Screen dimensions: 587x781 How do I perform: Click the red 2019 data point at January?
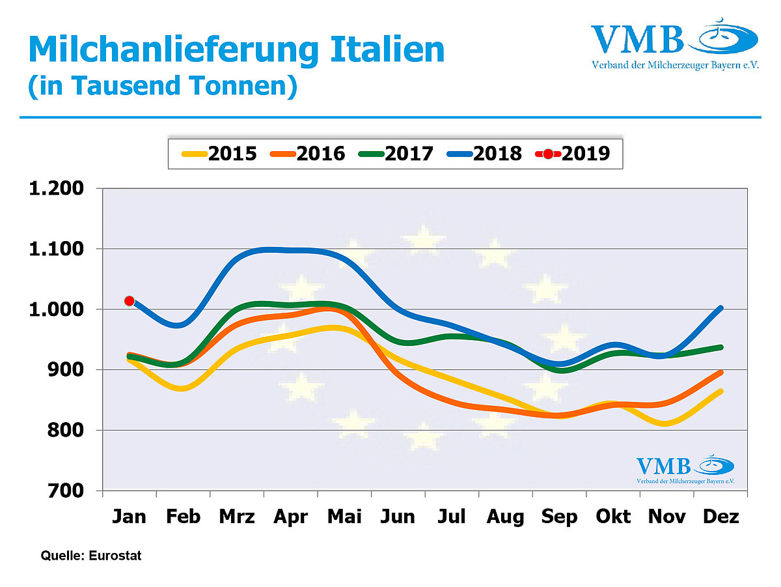click(130, 300)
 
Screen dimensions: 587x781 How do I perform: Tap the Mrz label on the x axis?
click(237, 517)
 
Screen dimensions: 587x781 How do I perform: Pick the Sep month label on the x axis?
click(560, 517)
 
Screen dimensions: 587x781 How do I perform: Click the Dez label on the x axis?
click(721, 517)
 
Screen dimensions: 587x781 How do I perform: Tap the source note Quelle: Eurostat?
click(91, 556)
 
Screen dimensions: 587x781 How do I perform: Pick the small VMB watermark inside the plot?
click(685, 470)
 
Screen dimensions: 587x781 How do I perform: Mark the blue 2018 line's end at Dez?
click(720, 308)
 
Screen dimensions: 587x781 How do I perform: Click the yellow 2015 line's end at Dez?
click(720, 391)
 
